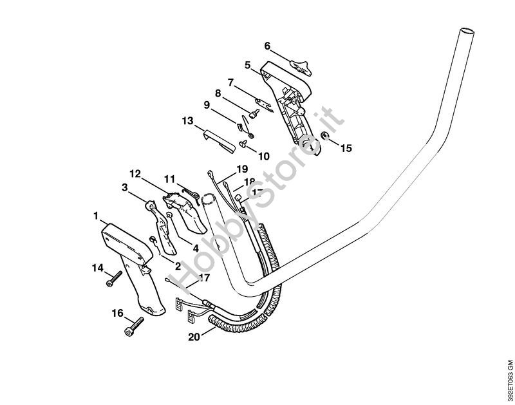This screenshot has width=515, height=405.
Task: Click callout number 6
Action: (267, 46)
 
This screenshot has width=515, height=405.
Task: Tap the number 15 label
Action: (346, 148)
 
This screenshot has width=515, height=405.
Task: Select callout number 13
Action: (187, 120)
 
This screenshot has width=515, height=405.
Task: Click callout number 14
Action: (97, 267)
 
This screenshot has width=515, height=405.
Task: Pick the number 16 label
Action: (117, 314)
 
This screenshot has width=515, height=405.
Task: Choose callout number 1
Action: (95, 214)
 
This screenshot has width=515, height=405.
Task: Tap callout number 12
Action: (135, 174)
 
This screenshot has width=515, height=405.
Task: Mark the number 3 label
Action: (124, 188)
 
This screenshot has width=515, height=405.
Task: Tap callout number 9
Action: (207, 105)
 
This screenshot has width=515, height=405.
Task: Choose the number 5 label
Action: (247, 64)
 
